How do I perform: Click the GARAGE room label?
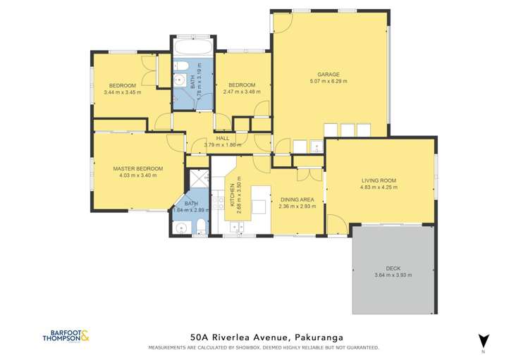tap(329, 74)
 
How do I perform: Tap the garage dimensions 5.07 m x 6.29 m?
tap(329, 81)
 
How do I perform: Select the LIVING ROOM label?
tap(379, 180)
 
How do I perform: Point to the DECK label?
tap(393, 268)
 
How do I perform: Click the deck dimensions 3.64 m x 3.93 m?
tap(393, 275)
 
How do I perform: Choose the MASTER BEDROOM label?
tap(138, 168)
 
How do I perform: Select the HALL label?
tap(222, 139)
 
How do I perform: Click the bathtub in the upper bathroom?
tap(191, 49)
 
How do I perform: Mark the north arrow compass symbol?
tap(483, 340)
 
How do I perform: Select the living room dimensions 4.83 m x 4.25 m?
tap(379, 187)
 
